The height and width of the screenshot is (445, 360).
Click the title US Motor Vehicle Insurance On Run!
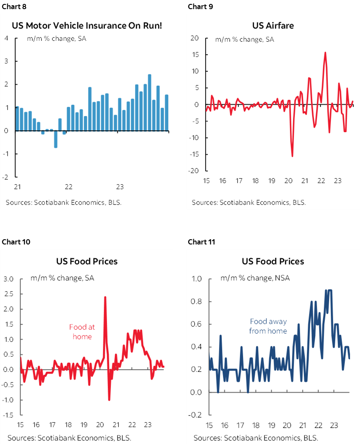[x=87, y=25]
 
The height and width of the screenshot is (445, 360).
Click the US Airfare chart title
[x=273, y=25]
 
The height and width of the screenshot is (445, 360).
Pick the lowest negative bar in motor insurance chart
[x=56, y=139]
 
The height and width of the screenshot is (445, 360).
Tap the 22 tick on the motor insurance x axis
[x=68, y=187]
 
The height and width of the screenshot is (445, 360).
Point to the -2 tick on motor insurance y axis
[x=7, y=177]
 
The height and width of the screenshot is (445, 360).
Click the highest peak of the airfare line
[x=325, y=53]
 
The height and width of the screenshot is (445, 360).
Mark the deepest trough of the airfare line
[x=292, y=156]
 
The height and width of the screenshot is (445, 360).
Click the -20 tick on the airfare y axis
[x=194, y=171]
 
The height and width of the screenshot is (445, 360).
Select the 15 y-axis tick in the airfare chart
[x=195, y=55]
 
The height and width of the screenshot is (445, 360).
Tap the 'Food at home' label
[x=82, y=331]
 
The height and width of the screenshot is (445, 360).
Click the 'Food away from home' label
[x=268, y=326]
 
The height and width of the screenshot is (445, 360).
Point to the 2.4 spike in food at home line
[x=105, y=297]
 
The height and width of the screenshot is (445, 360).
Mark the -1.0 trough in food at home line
[x=109, y=399]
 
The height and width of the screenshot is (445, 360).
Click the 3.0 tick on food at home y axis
[x=9, y=279]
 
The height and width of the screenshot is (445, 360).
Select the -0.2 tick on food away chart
[x=196, y=415]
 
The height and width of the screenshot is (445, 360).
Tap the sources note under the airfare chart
[x=249, y=202]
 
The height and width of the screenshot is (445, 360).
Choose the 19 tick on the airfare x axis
[x=272, y=180]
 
